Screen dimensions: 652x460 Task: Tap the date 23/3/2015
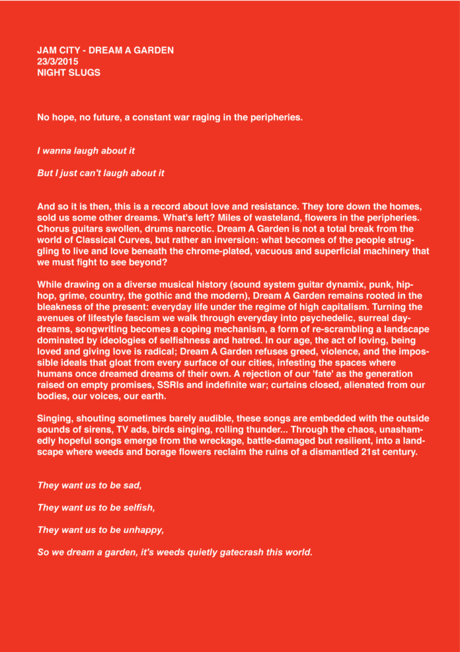(58, 62)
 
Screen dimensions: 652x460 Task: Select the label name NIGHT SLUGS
(69, 73)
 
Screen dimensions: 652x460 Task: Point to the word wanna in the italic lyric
(60, 151)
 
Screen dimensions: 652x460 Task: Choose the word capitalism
(375, 306)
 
